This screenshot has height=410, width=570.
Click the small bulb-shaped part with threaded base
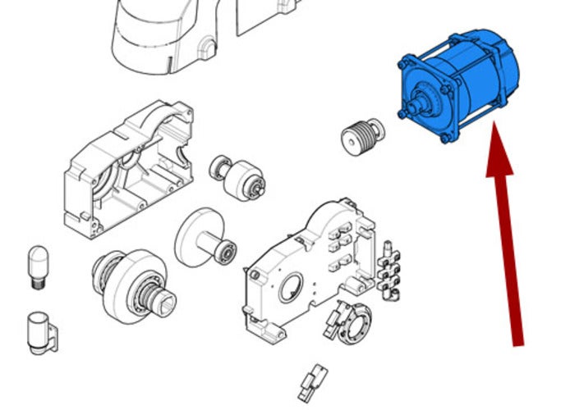point(37,265)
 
